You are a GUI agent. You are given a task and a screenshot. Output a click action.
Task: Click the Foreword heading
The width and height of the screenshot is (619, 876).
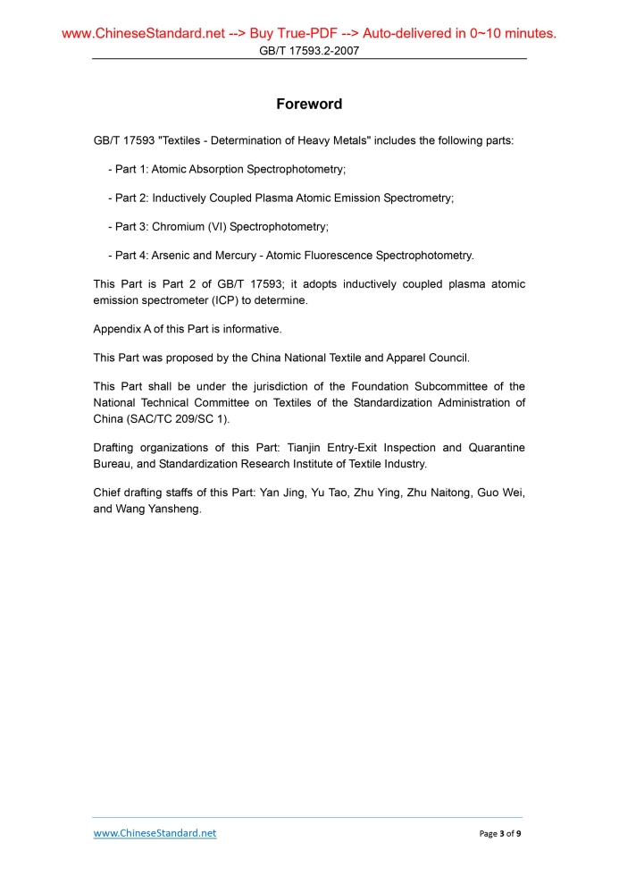(x=309, y=105)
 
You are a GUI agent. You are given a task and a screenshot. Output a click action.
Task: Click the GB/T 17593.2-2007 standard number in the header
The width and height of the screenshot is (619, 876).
(x=309, y=51)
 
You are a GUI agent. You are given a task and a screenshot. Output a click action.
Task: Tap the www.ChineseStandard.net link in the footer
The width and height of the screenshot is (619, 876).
(x=155, y=833)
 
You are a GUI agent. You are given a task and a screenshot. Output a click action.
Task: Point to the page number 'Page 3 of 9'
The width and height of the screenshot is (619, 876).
(x=500, y=834)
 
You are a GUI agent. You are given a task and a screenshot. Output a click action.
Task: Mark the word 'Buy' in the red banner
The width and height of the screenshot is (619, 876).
(x=263, y=34)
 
